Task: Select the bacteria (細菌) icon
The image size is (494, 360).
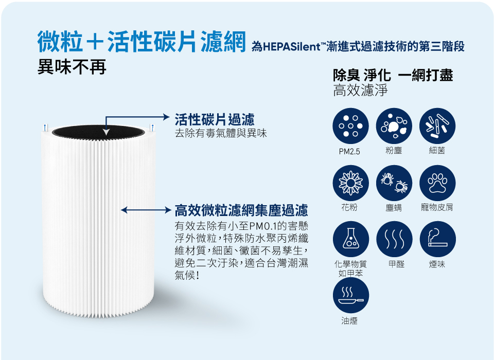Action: point(437,125)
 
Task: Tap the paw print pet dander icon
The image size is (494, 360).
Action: point(437,183)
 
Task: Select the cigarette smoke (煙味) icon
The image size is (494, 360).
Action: point(437,239)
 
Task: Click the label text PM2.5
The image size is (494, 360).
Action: point(350,152)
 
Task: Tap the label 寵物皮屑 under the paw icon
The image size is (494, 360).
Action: point(437,208)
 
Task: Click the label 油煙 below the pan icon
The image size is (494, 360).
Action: point(350,321)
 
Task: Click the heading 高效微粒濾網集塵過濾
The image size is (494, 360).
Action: point(241,210)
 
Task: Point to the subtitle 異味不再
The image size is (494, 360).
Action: point(72,67)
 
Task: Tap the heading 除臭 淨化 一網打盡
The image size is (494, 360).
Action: point(393,75)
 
